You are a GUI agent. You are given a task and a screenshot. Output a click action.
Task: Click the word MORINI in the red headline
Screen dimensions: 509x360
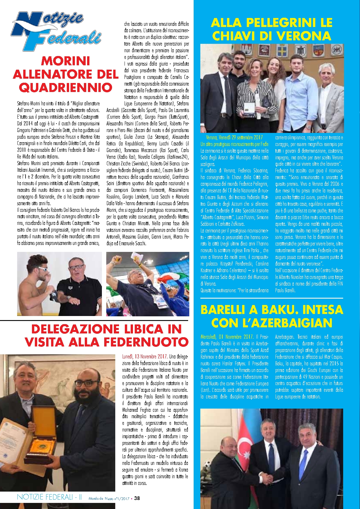pyautogui.click(x=66, y=61)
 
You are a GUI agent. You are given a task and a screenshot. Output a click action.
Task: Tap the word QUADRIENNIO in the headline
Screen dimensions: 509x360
pyautogui.click(x=66, y=87)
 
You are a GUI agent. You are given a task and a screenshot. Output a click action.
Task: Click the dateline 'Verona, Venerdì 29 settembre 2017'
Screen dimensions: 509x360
pyautogui.click(x=234, y=138)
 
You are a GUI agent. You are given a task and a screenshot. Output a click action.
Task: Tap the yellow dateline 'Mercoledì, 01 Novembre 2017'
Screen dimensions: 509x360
pyautogui.click(x=227, y=337)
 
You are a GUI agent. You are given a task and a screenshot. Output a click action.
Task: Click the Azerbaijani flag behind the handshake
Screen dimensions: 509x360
pyautogui.click(x=244, y=441)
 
